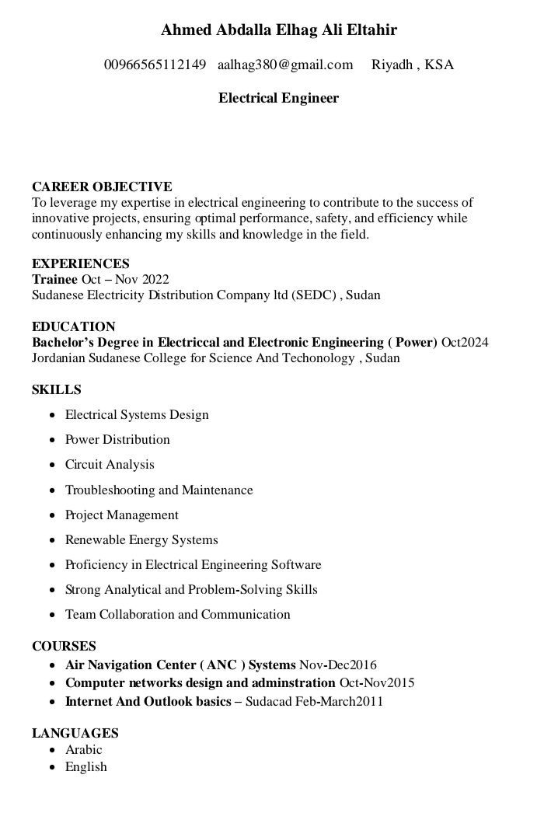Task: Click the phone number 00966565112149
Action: [x=155, y=65]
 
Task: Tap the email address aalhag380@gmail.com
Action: [x=285, y=65]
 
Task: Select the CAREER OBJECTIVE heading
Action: [x=102, y=187]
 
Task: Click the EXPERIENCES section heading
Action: [x=81, y=263]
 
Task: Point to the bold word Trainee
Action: [x=54, y=279]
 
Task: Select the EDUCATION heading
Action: [x=74, y=326]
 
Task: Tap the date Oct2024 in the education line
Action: [x=465, y=342]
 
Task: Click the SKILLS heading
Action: [x=57, y=389]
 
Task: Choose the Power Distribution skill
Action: [x=117, y=440]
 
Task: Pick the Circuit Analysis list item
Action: [x=110, y=465]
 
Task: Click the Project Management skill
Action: [x=122, y=515]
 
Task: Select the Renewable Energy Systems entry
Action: [x=141, y=540]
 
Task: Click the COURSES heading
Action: [x=65, y=646]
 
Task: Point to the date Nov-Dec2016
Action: [x=338, y=665]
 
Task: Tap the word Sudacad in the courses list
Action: [x=270, y=702]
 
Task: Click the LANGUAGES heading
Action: [x=75, y=733]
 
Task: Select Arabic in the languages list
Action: [x=84, y=750]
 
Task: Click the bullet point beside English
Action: [x=51, y=768]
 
